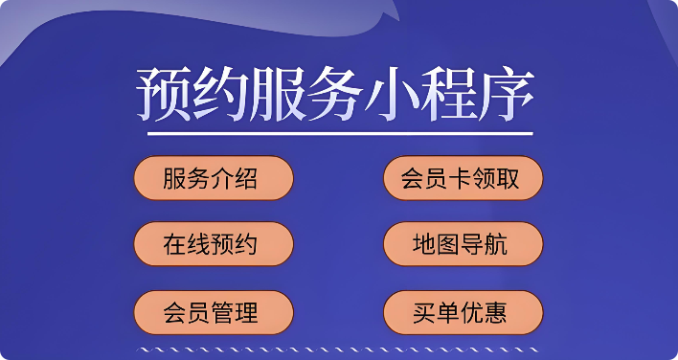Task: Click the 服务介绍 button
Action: click(212, 178)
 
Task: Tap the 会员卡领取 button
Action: click(463, 178)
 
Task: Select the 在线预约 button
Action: click(212, 244)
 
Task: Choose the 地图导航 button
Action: click(463, 244)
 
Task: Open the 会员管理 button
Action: click(212, 311)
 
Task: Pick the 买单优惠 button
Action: click(463, 311)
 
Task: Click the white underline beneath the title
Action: click(339, 133)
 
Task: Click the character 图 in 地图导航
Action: click(451, 245)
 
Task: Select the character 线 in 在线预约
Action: click(199, 245)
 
